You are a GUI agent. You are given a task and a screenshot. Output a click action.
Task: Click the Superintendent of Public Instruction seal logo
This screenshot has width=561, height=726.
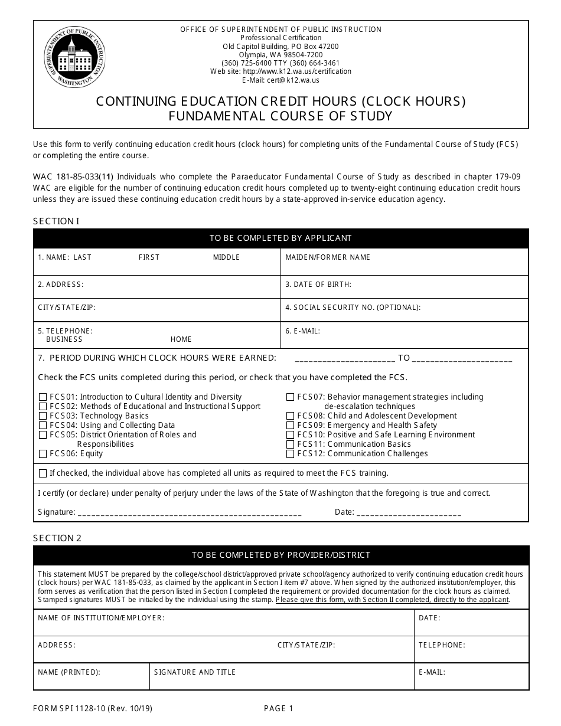[x=74, y=57]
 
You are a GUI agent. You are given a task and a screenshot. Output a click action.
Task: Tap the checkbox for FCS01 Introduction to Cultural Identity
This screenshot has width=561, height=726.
[x=43, y=397]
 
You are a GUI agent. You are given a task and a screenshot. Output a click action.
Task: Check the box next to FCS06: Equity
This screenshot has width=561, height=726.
[x=43, y=454]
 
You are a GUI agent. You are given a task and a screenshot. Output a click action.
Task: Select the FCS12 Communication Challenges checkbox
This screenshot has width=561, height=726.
[x=290, y=454]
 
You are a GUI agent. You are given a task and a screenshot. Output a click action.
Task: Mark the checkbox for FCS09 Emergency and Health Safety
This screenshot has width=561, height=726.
[x=290, y=426]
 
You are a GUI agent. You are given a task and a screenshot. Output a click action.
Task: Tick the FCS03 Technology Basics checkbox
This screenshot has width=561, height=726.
[x=43, y=416]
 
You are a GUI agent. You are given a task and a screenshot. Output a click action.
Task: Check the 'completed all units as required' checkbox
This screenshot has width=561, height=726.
[x=43, y=473]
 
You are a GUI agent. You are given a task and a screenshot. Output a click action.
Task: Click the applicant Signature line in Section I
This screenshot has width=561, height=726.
[x=189, y=513]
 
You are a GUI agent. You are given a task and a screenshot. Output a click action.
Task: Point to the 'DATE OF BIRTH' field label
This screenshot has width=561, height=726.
[x=318, y=284]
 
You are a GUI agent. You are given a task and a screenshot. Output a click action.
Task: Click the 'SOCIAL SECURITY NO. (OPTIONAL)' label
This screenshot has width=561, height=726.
[x=353, y=308]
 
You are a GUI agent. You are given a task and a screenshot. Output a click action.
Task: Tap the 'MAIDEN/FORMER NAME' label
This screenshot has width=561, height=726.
[x=328, y=257]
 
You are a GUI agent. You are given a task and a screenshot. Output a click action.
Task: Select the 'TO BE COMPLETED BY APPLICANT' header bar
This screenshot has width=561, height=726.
[x=280, y=238]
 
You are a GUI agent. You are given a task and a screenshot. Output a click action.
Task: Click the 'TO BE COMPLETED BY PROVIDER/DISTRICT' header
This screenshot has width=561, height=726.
[x=280, y=555]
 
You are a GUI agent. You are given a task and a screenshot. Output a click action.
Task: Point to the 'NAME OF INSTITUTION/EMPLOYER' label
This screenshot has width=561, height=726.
[x=100, y=618]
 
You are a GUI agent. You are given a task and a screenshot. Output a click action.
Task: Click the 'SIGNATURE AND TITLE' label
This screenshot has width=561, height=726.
[x=195, y=672]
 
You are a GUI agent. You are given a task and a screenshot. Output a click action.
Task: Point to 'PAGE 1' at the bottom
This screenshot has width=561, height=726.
[x=278, y=709]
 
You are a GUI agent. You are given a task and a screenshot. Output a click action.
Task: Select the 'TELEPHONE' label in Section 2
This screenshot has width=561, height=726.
[x=442, y=645]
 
